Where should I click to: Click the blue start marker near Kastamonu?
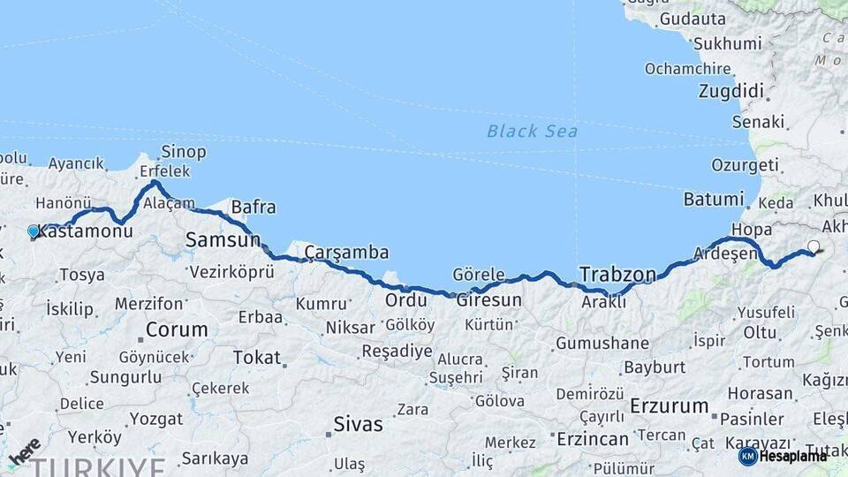(x=34, y=231)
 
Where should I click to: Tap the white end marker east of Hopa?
(x=814, y=247)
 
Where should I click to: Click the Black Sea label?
(x=532, y=132)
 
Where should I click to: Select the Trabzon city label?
(x=618, y=273)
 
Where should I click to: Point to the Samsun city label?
(x=223, y=239)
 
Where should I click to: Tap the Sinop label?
(x=184, y=152)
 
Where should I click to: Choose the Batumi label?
(x=714, y=199)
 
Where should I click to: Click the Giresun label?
(x=488, y=299)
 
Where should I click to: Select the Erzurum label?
(x=670, y=407)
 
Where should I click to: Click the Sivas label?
(x=358, y=424)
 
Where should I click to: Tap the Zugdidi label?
(x=731, y=90)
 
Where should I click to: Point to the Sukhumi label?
(x=727, y=43)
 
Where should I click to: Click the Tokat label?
(x=256, y=358)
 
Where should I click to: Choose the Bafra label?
(x=253, y=208)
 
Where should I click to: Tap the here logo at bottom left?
(x=24, y=452)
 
